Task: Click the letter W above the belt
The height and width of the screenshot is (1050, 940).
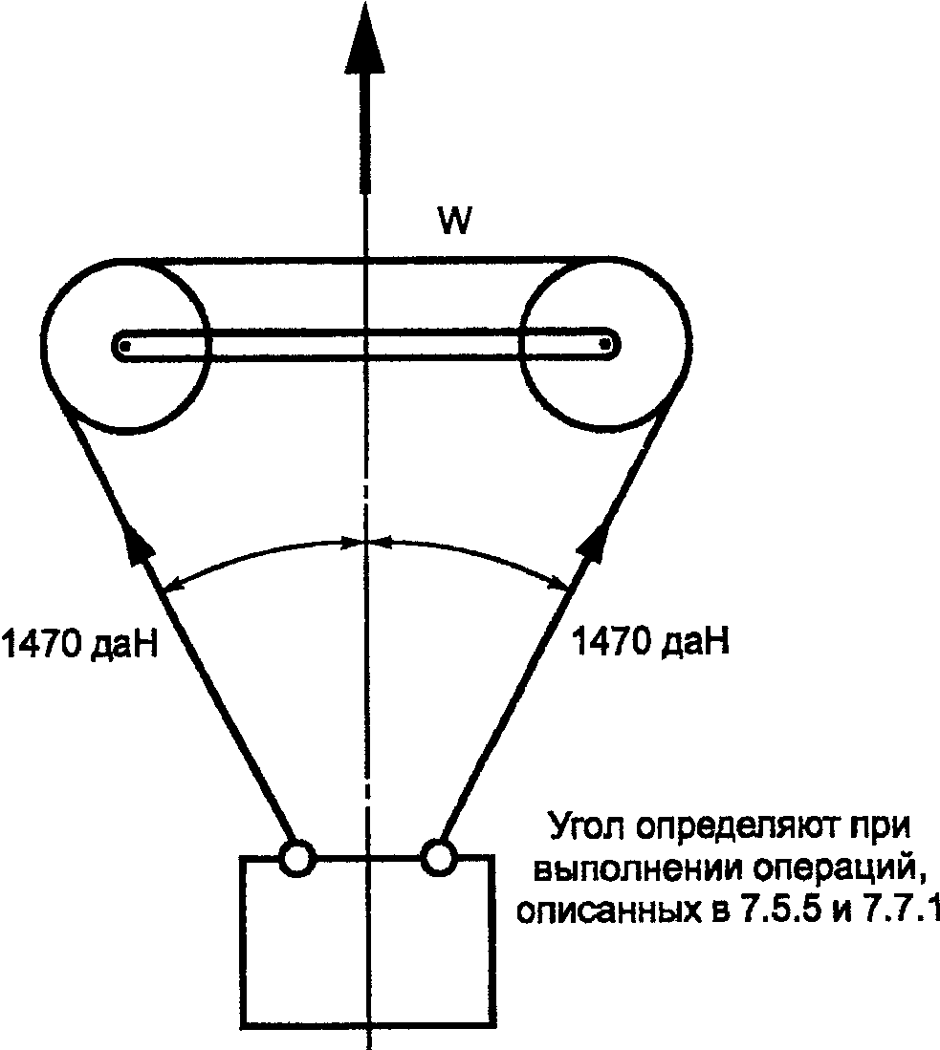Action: pos(454,220)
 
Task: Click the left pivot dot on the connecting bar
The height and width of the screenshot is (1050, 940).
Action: pos(124,346)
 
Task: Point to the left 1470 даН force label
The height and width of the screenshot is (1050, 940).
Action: pos(79,644)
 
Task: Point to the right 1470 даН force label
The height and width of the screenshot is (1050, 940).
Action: pos(649,640)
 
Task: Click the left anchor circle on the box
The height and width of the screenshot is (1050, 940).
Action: pos(296,858)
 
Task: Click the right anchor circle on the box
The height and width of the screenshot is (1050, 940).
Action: pos(439,856)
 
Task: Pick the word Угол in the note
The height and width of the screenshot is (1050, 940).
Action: pos(587,827)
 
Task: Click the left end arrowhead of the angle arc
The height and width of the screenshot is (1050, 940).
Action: pos(173,584)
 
